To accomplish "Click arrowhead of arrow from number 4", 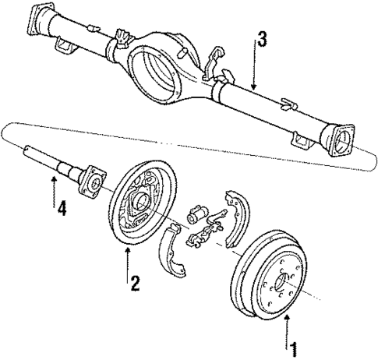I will [x=55, y=178].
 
